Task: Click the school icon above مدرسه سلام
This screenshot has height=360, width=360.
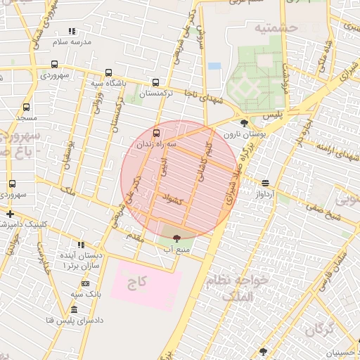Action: click(x=71, y=31)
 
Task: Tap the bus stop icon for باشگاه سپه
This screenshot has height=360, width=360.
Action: click(x=108, y=72)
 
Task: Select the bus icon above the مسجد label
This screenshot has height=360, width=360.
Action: click(x=27, y=108)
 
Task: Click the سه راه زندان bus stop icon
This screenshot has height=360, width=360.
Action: click(x=155, y=132)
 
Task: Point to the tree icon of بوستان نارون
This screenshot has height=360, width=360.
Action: click(x=244, y=123)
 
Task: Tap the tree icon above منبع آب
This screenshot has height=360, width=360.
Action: click(x=176, y=238)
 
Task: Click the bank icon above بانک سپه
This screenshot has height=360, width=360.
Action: click(x=85, y=283)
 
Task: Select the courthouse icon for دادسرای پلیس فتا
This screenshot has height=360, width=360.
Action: click(x=75, y=310)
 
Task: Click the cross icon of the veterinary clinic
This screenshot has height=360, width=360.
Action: click(x=10, y=214)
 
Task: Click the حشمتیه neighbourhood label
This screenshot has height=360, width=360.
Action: click(x=276, y=27)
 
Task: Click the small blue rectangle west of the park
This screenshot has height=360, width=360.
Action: click(x=214, y=66)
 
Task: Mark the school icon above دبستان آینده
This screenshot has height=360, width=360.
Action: click(x=81, y=245)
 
